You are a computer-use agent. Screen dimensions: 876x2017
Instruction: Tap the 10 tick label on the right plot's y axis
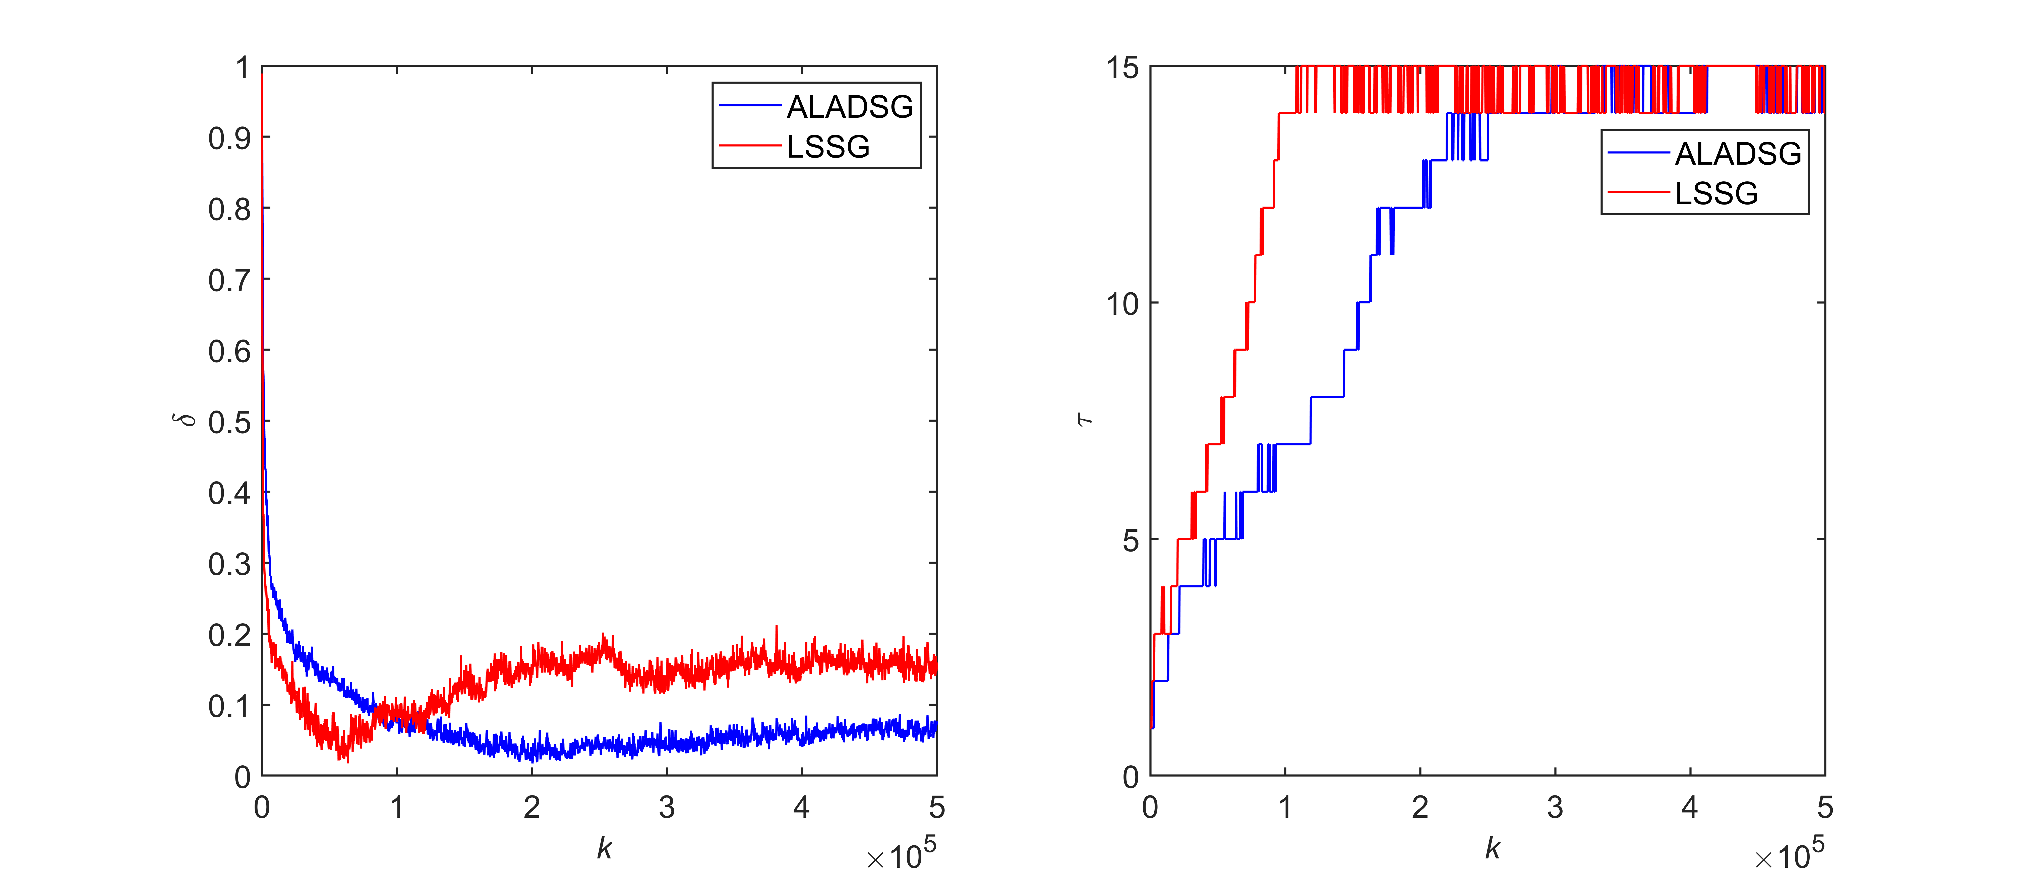click(x=1122, y=304)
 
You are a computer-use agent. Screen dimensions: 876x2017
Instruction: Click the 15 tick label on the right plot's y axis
click(x=1122, y=68)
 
